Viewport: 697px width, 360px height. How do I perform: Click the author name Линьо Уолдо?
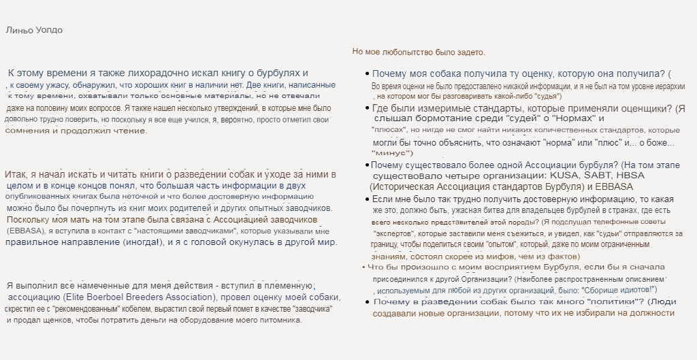pyautogui.click(x=33, y=30)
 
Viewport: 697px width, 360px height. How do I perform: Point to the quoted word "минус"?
pyautogui.click(x=391, y=153)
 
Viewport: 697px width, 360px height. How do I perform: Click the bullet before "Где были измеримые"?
pyautogui.click(x=368, y=109)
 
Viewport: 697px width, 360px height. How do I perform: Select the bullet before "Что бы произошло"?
pyautogui.click(x=363, y=267)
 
